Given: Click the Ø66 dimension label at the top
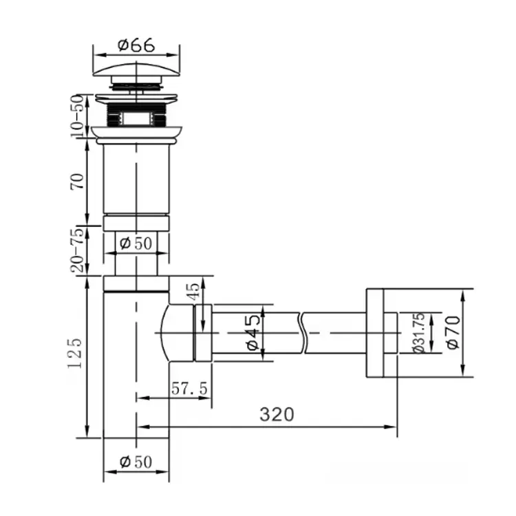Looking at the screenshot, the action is click(x=136, y=45).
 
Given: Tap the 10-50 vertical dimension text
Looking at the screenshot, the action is click(x=77, y=116).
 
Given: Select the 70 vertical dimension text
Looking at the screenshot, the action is click(x=77, y=181).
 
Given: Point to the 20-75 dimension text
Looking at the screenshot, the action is click(x=77, y=250).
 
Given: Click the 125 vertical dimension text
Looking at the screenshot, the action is click(x=75, y=353).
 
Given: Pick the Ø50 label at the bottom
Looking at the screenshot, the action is click(x=136, y=462).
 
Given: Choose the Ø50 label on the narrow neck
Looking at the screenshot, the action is click(x=136, y=244).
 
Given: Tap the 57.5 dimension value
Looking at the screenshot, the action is click(x=190, y=389).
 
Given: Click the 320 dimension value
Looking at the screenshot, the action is click(x=277, y=414).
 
